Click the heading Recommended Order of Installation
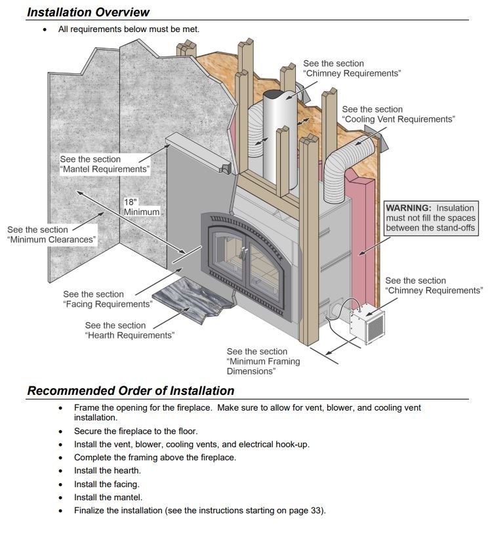coord(131,391)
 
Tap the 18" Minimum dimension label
coord(141,207)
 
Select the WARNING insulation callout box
coord(430,218)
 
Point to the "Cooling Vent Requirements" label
coord(398,115)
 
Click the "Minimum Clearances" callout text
coord(52,235)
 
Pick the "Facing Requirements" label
coord(108,299)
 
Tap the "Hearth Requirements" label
coord(129,331)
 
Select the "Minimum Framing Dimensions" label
coord(263,361)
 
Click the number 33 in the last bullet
coord(316,510)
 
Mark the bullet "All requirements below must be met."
coord(129,29)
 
